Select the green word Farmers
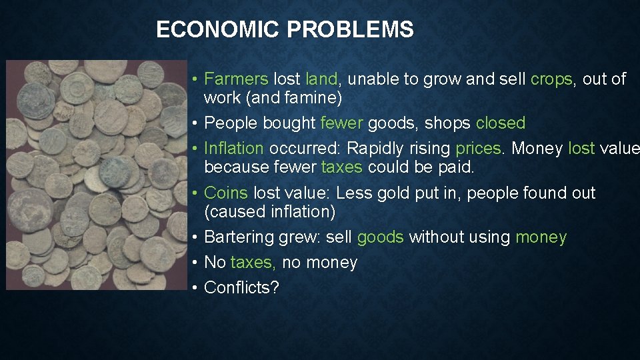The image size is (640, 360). tap(236, 79)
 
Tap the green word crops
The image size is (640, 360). tap(551, 79)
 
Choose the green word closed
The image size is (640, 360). tap(501, 123)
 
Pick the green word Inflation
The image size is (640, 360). tap(234, 148)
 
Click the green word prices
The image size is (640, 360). tap(478, 148)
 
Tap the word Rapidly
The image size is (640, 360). tap(375, 148)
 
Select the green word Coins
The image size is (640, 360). tap(226, 193)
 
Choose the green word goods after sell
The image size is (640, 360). tap(381, 238)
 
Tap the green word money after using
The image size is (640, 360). tap(541, 238)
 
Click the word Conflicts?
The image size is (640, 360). tap(242, 288)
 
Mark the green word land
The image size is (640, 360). tap(322, 79)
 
